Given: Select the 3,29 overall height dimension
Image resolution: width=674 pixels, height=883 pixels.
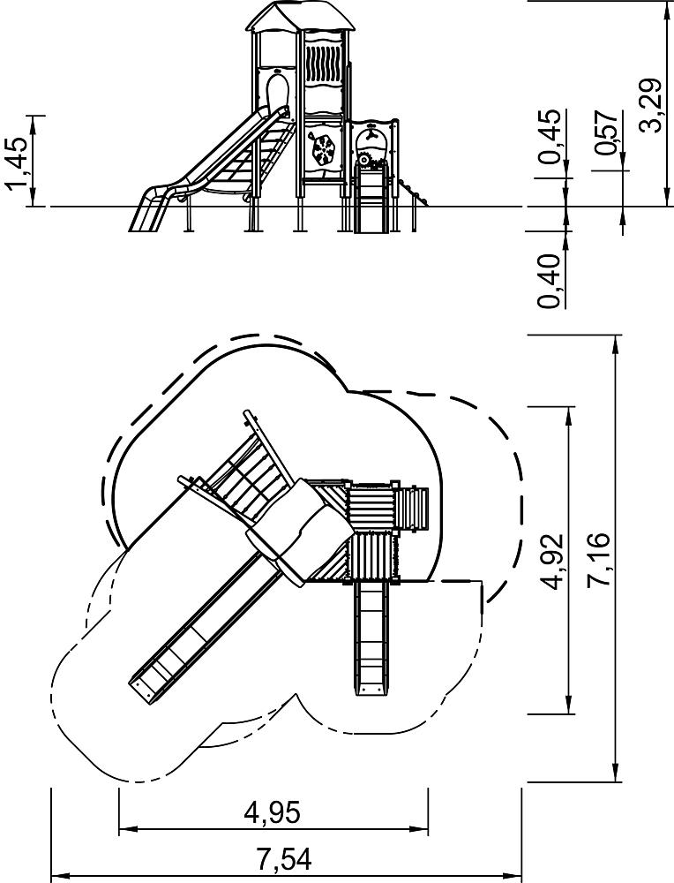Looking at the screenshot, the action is click(x=651, y=105).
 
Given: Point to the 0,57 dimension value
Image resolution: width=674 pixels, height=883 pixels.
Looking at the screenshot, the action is click(x=606, y=133).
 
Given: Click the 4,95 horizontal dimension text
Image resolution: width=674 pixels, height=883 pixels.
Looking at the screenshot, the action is click(x=272, y=812).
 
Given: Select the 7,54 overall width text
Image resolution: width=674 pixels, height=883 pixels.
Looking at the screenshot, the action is click(x=284, y=860).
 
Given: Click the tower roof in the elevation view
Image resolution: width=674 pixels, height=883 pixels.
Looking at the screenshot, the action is click(x=301, y=16).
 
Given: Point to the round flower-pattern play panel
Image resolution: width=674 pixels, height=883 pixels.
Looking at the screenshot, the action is click(x=323, y=148).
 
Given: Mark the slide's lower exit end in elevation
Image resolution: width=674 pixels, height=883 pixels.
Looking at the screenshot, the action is click(x=146, y=217).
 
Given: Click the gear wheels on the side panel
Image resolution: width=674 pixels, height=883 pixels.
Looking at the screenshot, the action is click(x=372, y=158).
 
